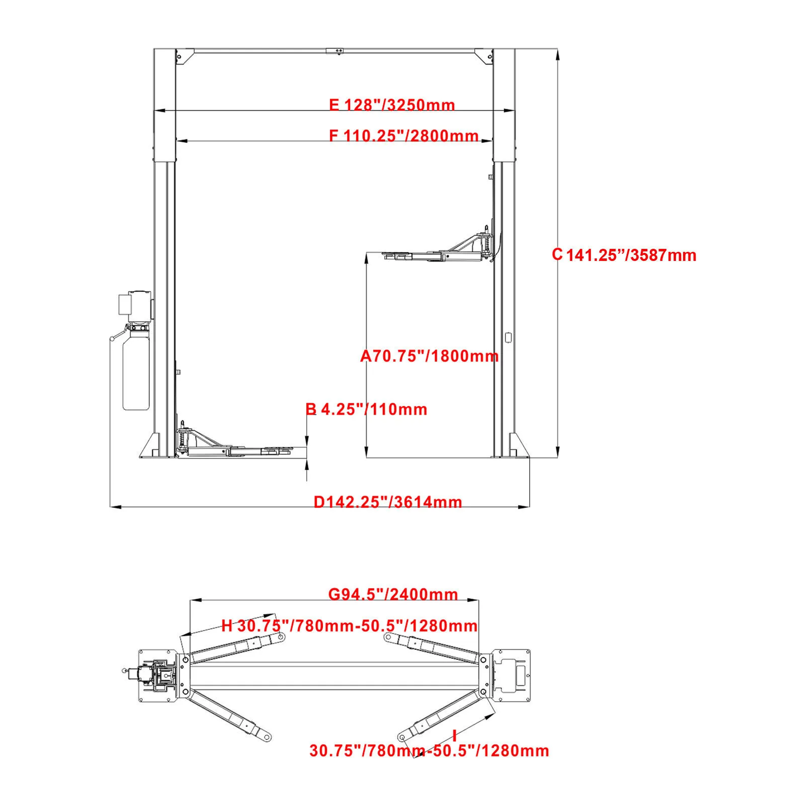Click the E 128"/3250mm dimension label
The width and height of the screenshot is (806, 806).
tap(392, 105)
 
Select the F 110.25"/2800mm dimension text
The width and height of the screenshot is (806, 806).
tap(403, 136)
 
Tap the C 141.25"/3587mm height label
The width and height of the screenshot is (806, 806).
tap(624, 255)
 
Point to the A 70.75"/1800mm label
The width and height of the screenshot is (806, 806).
tap(429, 356)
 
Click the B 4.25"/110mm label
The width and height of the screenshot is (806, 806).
tap(366, 409)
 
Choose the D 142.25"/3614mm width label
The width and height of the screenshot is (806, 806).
tap(388, 502)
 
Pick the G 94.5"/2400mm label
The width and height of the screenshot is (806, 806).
tap(393, 594)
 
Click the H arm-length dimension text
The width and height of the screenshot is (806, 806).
tap(349, 626)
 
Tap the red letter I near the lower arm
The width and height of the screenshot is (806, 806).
tap(455, 736)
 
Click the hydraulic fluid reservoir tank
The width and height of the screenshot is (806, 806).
tap(136, 371)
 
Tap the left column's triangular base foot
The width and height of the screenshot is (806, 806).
tap(149, 446)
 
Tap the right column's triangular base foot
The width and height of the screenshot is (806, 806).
tap(518, 446)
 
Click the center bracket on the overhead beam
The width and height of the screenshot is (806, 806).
tap(334, 51)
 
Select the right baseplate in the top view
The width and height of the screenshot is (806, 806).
tap(510, 675)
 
